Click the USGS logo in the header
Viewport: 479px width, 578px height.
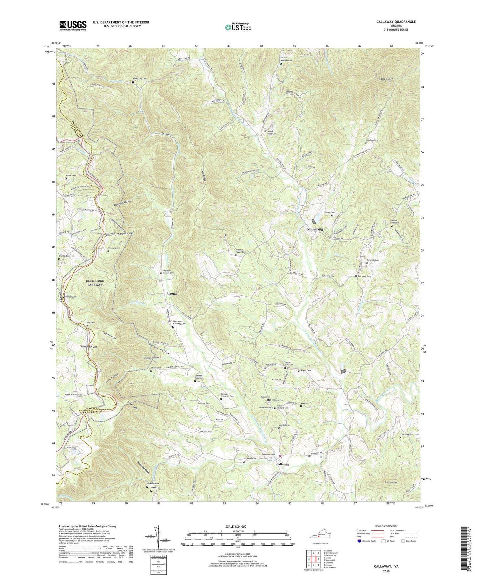pyautogui.click(x=73, y=25)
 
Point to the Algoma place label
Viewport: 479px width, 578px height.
pyautogui.click(x=172, y=294)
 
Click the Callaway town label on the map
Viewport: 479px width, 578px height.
pyautogui.click(x=283, y=464)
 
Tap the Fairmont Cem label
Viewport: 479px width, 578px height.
pyautogui.click(x=364, y=276)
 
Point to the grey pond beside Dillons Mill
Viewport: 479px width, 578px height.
pyautogui.click(x=314, y=221)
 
